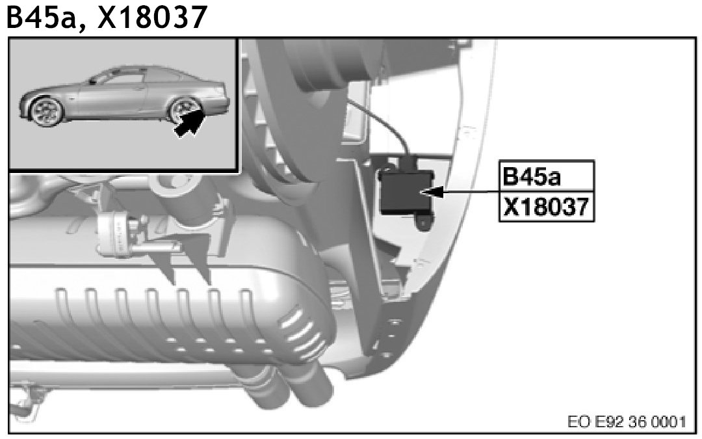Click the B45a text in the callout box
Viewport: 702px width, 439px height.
click(532, 176)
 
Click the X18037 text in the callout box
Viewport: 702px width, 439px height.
click(546, 207)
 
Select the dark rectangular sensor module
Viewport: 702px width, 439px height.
click(406, 191)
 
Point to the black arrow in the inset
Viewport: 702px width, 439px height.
click(189, 123)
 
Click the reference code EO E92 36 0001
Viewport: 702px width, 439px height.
click(627, 421)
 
